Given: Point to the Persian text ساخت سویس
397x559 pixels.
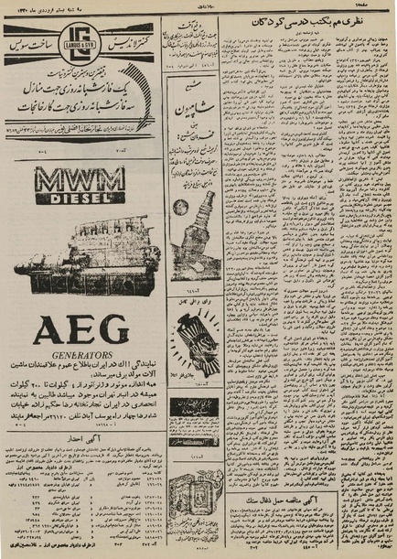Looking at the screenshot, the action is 33,44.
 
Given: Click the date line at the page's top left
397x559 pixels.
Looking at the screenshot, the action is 38,6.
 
